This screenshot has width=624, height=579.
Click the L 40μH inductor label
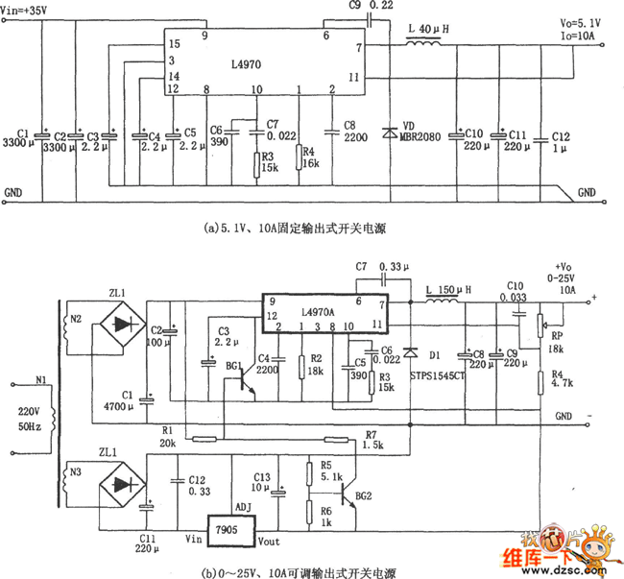point(427,29)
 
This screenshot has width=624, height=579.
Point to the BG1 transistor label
point(233,367)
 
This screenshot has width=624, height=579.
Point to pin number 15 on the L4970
point(174,44)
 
